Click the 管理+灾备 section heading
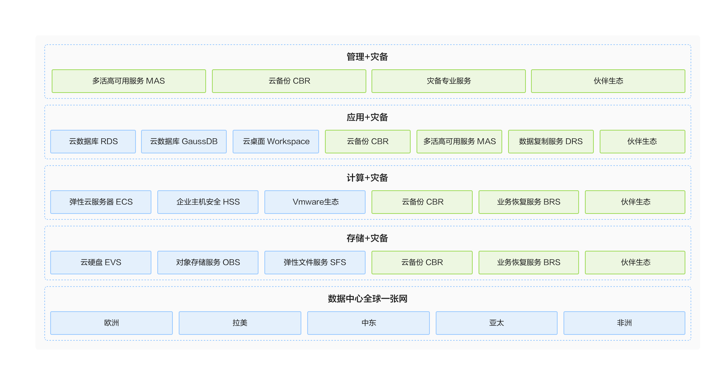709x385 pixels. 367,57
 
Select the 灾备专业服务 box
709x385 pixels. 449,81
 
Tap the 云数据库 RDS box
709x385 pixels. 93,142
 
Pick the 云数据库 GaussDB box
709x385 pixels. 184,142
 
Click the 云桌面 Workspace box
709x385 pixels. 276,142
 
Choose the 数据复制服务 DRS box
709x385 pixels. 551,142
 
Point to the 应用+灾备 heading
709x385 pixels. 367,117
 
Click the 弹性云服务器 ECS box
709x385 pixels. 101,202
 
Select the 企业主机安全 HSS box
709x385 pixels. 208,202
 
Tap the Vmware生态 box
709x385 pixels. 315,202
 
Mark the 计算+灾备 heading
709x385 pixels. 367,178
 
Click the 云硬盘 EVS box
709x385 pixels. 101,263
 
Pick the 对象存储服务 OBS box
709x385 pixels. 208,263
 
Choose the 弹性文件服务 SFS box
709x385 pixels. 315,263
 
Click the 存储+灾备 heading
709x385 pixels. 367,238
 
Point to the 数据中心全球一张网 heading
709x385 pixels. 367,299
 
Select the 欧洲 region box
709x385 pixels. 112,323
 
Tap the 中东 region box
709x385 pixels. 369,323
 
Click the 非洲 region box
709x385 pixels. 624,323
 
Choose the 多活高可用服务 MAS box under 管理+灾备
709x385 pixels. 129,81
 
